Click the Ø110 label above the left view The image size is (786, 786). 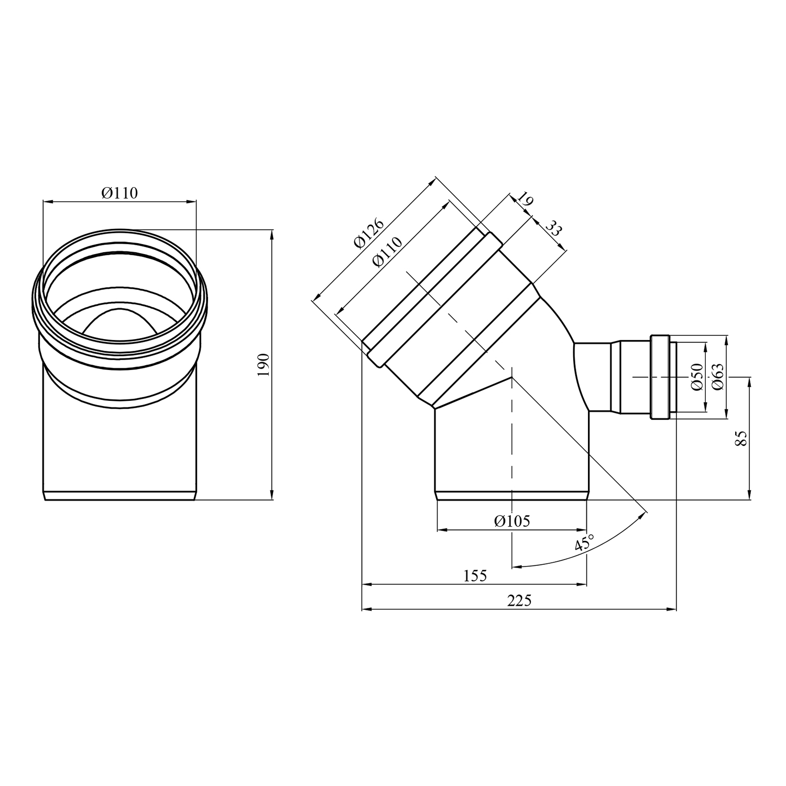[x=119, y=193]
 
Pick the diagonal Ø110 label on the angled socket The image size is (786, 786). [x=388, y=252]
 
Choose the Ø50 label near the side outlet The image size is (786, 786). [x=696, y=376]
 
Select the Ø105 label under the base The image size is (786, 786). [x=512, y=521]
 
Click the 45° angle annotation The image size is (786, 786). [x=584, y=543]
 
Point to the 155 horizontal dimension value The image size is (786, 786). [x=475, y=576]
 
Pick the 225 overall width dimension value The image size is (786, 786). [x=519, y=601]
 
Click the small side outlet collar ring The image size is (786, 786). [x=660, y=377]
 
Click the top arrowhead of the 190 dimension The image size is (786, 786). [x=271, y=234]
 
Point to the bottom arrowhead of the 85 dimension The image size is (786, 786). [x=750, y=495]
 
